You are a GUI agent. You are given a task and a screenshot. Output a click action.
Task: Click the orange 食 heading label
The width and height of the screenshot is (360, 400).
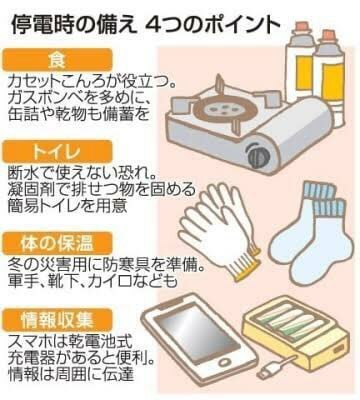57,60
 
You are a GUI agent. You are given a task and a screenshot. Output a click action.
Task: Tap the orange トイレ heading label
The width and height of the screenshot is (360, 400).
57,152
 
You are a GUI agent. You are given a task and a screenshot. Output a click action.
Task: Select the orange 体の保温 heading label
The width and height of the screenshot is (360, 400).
57,244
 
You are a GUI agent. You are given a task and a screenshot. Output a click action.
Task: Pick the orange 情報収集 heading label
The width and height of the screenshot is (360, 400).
57,320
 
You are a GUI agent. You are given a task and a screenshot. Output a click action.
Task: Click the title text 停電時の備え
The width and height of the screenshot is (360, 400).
74,26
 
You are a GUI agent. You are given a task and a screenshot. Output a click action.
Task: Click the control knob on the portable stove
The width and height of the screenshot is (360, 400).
257,154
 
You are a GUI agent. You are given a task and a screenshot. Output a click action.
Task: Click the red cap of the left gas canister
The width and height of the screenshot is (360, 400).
302,27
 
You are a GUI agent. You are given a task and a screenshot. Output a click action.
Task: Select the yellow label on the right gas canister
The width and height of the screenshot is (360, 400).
331,76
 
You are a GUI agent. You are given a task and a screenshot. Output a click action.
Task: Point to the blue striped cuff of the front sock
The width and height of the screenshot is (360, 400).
327,207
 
